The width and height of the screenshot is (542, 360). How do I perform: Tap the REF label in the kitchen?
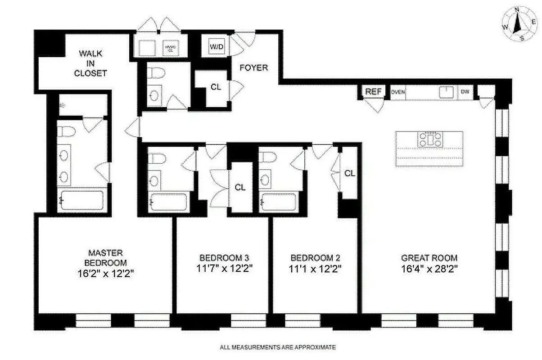[x=373, y=91]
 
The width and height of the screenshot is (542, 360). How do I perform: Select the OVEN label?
[x=398, y=92]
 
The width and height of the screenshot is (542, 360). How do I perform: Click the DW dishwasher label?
[x=465, y=92]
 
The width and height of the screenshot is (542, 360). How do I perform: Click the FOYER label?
[x=253, y=68]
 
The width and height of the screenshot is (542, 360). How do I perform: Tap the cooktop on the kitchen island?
[x=429, y=139]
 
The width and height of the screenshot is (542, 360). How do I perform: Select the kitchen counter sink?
[x=446, y=92]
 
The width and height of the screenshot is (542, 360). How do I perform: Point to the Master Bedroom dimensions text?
[x=105, y=273]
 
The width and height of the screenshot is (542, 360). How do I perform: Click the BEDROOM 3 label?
[x=224, y=258]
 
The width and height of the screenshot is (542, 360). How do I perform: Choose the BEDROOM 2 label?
[x=315, y=258]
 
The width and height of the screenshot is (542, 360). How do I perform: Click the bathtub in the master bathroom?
[x=82, y=200]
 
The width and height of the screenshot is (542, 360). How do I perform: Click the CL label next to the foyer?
[x=216, y=87]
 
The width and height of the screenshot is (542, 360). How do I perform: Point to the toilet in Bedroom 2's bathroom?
[x=266, y=159]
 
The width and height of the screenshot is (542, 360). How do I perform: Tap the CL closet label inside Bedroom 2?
[x=349, y=173]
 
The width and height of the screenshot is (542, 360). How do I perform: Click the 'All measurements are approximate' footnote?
[x=278, y=347]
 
